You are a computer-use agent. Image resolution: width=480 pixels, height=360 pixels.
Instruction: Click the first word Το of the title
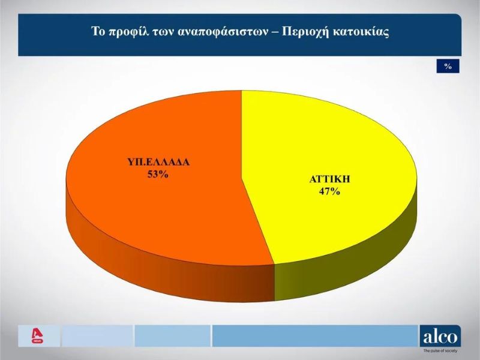[x=98, y=31]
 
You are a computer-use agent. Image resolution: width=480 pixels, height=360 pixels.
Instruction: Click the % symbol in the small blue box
[x=448, y=66]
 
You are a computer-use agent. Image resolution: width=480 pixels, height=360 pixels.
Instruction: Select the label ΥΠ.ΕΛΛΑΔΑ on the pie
[x=158, y=162]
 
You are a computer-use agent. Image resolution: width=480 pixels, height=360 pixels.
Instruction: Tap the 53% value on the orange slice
[x=158, y=174]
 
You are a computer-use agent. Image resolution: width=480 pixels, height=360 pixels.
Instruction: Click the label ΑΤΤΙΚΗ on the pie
[x=329, y=179]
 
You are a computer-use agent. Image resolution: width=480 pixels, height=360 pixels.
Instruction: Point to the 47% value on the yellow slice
[x=329, y=191]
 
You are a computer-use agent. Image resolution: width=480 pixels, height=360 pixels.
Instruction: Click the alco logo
[x=440, y=337]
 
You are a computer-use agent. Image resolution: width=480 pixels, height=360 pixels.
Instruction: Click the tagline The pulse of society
[x=440, y=351]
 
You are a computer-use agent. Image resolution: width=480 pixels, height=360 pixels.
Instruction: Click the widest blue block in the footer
[x=315, y=336]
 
